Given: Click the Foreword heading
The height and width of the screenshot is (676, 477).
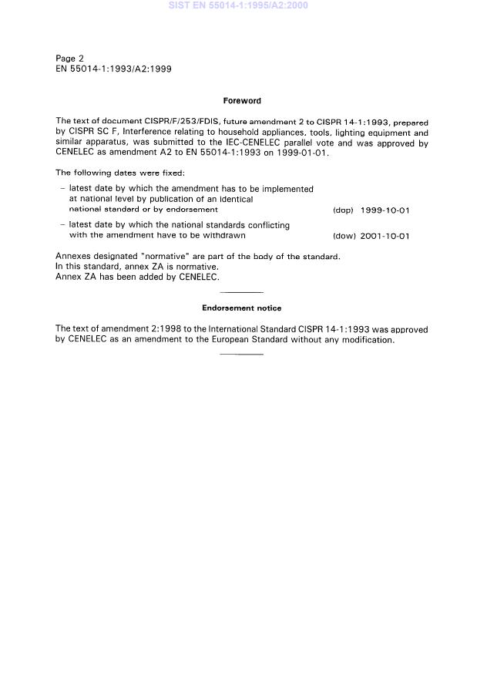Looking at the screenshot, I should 241,100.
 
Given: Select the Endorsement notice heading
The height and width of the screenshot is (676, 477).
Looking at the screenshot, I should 241,308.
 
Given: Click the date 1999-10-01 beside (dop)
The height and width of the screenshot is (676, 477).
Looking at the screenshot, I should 385,210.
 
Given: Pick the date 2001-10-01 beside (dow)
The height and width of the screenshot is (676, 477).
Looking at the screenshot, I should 385,236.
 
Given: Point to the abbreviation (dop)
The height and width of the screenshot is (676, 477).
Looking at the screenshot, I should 343,210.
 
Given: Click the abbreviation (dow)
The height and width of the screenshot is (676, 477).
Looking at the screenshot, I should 344,236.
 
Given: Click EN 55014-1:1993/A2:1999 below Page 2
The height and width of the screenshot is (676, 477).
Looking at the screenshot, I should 113,69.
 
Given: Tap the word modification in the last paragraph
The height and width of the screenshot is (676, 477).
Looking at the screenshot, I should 367,340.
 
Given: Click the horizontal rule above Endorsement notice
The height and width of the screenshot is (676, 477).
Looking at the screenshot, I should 241,292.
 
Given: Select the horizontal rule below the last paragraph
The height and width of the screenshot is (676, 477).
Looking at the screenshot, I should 241,354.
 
